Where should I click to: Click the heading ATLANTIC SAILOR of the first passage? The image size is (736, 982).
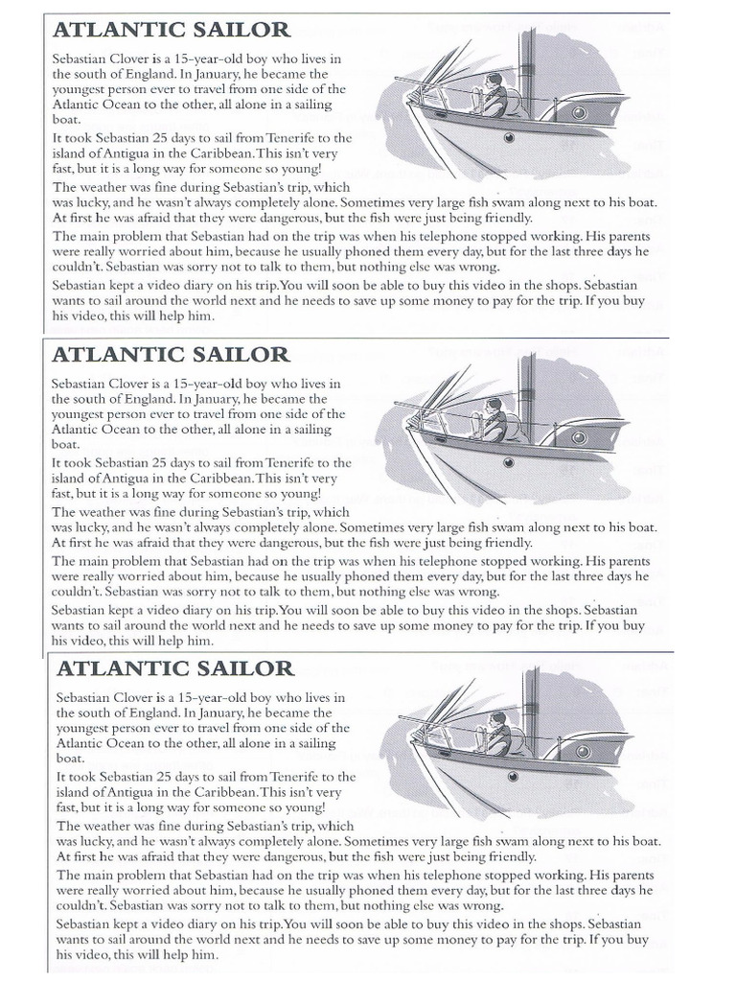click(170, 31)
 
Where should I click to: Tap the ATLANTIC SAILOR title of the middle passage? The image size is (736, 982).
click(170, 354)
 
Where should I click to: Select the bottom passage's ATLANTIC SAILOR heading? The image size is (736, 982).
click(174, 667)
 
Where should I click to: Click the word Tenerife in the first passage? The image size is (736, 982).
click(291, 138)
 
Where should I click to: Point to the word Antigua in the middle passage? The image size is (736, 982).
click(139, 477)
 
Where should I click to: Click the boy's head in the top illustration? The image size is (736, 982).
click(494, 81)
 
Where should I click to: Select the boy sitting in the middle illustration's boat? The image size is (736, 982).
click(493, 421)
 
